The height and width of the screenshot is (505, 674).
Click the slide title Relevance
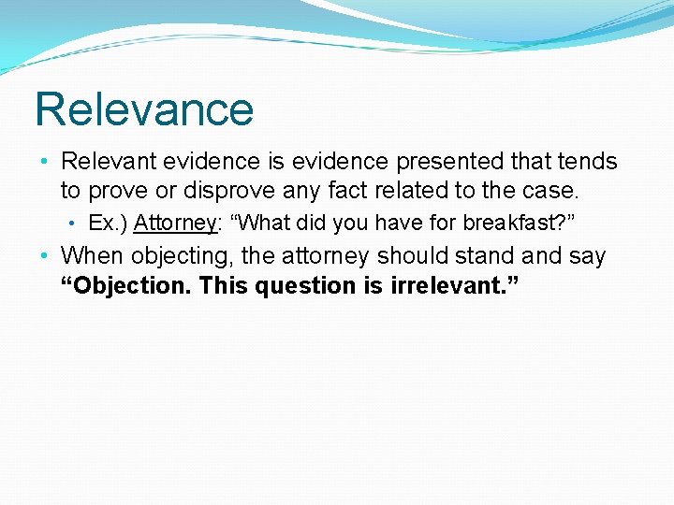point(144,109)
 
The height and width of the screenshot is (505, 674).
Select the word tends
point(590,162)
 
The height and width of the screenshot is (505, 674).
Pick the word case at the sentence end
point(550,192)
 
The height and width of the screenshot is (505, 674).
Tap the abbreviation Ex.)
point(107,223)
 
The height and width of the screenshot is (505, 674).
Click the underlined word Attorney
point(175,223)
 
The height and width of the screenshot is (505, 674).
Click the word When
point(92,255)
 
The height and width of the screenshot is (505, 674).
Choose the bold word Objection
point(126,285)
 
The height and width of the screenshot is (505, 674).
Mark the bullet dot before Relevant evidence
point(44,163)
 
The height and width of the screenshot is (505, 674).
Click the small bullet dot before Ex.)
point(72,224)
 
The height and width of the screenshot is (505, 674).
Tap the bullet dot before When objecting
point(44,256)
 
